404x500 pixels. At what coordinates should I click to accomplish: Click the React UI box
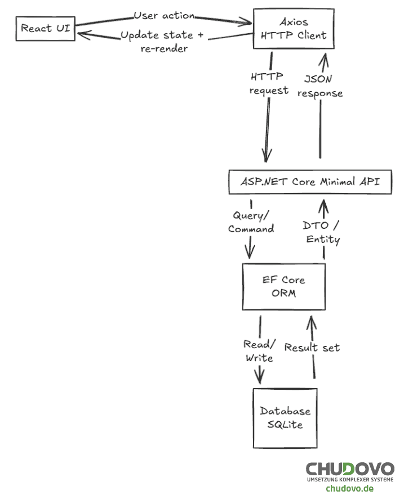point(45,28)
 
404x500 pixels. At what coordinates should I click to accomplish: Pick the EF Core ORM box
point(283,287)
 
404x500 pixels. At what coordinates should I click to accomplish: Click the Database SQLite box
point(285,418)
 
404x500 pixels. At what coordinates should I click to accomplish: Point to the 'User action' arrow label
point(164,15)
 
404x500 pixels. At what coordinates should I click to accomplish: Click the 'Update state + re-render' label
point(163,42)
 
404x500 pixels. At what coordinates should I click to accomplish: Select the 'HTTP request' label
point(269,83)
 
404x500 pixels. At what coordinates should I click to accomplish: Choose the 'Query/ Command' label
point(251,222)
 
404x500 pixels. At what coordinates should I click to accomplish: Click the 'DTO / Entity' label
point(323,232)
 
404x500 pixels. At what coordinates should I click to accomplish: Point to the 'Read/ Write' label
point(259,351)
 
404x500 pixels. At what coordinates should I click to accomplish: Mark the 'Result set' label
point(312,348)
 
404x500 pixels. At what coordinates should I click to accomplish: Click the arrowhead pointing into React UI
point(84,36)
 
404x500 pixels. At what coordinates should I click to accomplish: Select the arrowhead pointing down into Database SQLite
point(260,376)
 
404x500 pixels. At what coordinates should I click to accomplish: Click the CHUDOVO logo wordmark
point(350,469)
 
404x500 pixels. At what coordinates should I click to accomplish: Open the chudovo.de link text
point(349,488)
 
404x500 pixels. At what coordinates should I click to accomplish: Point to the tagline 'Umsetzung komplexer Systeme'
point(350,479)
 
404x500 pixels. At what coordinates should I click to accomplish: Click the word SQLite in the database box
point(285,425)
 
